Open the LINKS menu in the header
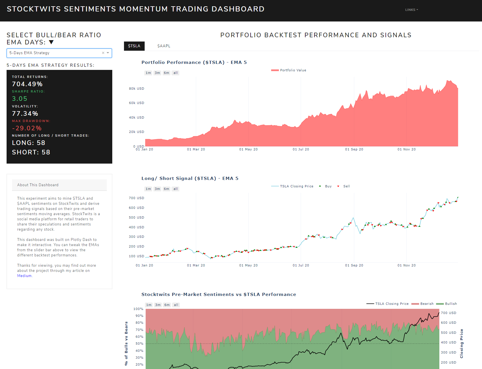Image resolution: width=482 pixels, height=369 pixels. click(x=411, y=10)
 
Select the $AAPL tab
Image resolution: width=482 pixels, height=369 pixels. click(x=164, y=46)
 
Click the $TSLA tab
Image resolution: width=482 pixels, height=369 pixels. click(x=134, y=46)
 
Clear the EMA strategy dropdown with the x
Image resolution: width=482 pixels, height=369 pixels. click(x=103, y=53)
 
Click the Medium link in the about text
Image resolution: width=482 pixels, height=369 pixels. click(x=24, y=276)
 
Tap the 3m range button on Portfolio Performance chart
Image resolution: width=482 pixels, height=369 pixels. click(x=157, y=73)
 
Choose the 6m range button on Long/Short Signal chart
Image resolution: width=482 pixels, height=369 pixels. click(x=166, y=189)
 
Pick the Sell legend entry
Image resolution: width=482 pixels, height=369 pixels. click(x=346, y=186)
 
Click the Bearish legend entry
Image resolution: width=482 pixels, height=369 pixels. click(x=427, y=304)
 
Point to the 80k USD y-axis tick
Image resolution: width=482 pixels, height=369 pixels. click(x=136, y=89)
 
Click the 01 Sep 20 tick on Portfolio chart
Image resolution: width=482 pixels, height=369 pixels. click(x=354, y=149)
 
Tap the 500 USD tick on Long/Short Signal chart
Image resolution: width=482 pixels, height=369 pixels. click(x=136, y=217)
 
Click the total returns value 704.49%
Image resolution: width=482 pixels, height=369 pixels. click(x=27, y=84)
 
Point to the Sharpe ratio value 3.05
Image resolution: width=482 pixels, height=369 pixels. click(x=19, y=99)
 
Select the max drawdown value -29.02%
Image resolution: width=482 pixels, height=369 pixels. click(x=27, y=128)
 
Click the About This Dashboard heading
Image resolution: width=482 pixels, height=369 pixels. click(x=38, y=185)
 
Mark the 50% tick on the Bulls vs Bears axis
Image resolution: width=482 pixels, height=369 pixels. click(x=139, y=344)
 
